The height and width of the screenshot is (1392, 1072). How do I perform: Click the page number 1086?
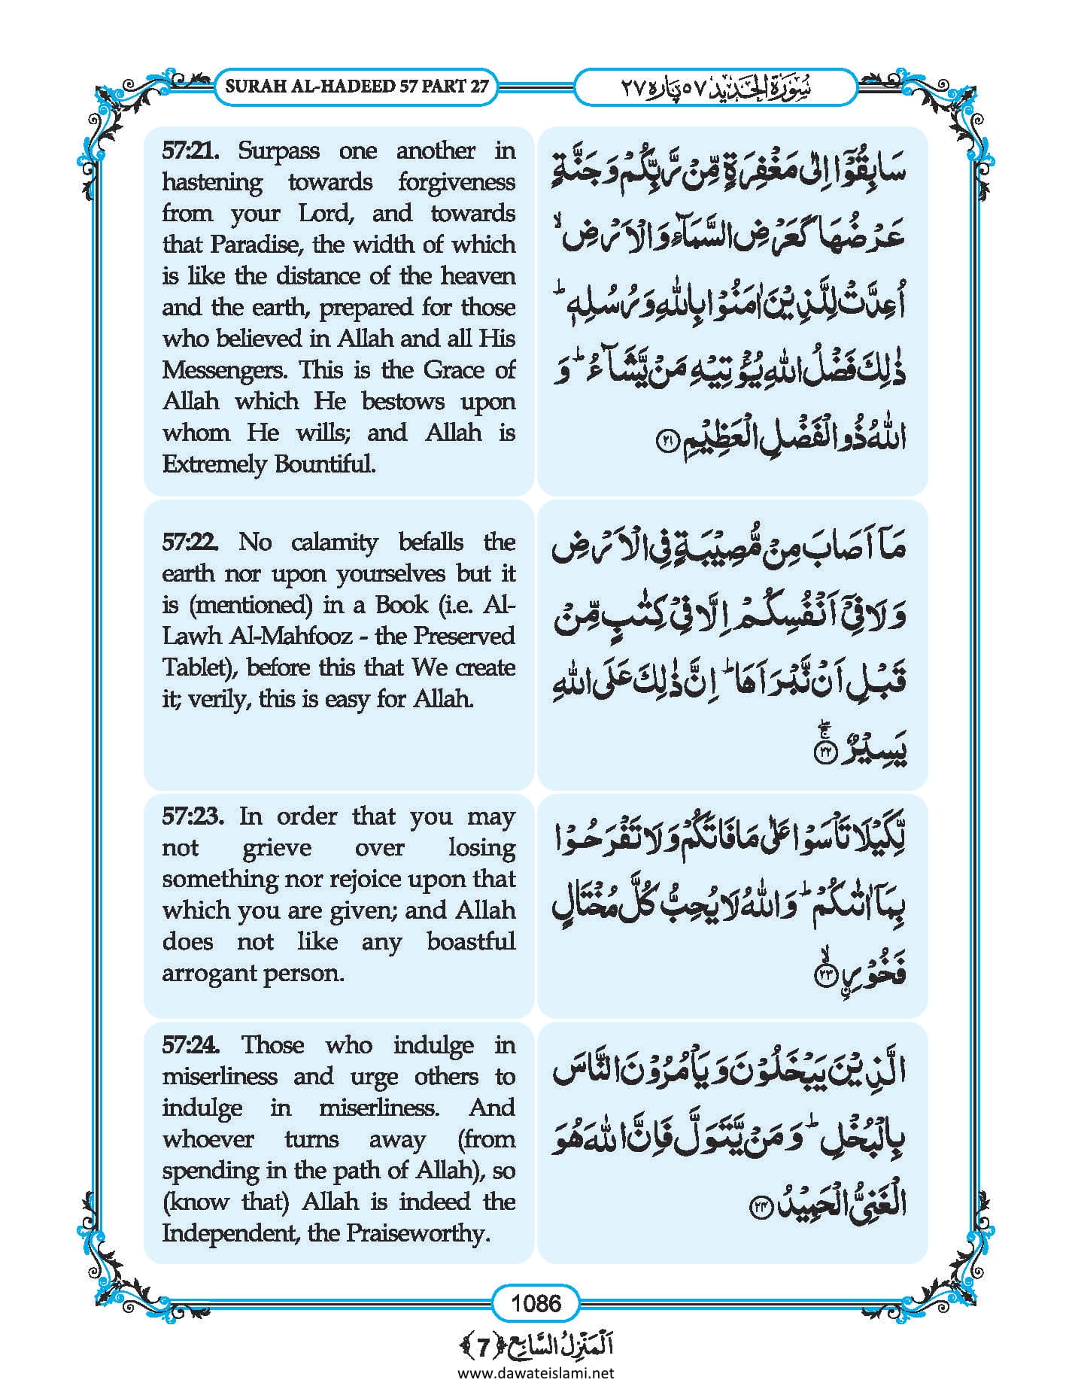tap(536, 1302)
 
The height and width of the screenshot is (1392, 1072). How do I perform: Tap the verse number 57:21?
tap(190, 151)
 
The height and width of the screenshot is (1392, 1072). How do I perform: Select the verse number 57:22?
tap(190, 543)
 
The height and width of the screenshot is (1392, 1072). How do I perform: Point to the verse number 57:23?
tap(192, 816)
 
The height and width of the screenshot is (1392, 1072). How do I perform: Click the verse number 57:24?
tap(191, 1045)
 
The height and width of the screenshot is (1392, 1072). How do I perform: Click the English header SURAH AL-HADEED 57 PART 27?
tap(357, 87)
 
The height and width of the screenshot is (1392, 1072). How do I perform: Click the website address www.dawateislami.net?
tap(536, 1373)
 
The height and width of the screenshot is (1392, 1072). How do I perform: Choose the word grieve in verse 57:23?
tap(276, 848)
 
